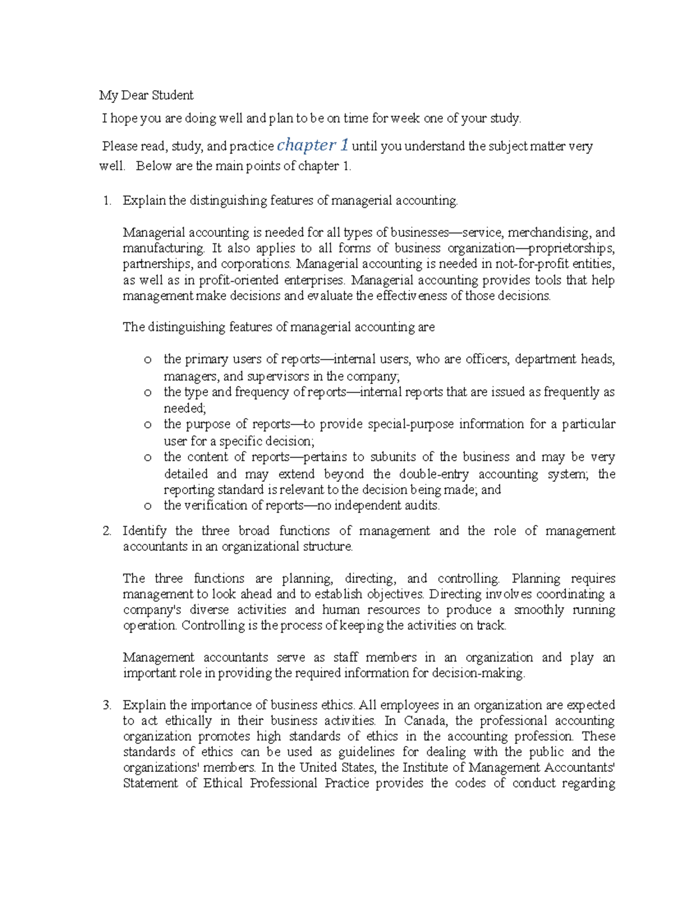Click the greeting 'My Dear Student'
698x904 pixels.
[146, 95]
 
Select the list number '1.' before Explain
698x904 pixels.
[106, 201]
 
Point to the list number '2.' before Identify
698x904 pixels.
[106, 531]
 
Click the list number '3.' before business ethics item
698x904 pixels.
[106, 705]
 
